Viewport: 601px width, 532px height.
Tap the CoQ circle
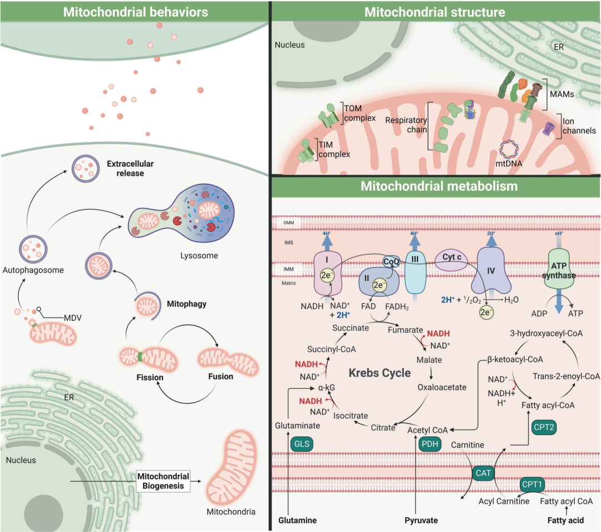point(391,260)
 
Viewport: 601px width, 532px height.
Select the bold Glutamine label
point(298,520)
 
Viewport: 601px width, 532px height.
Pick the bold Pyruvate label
point(421,520)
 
